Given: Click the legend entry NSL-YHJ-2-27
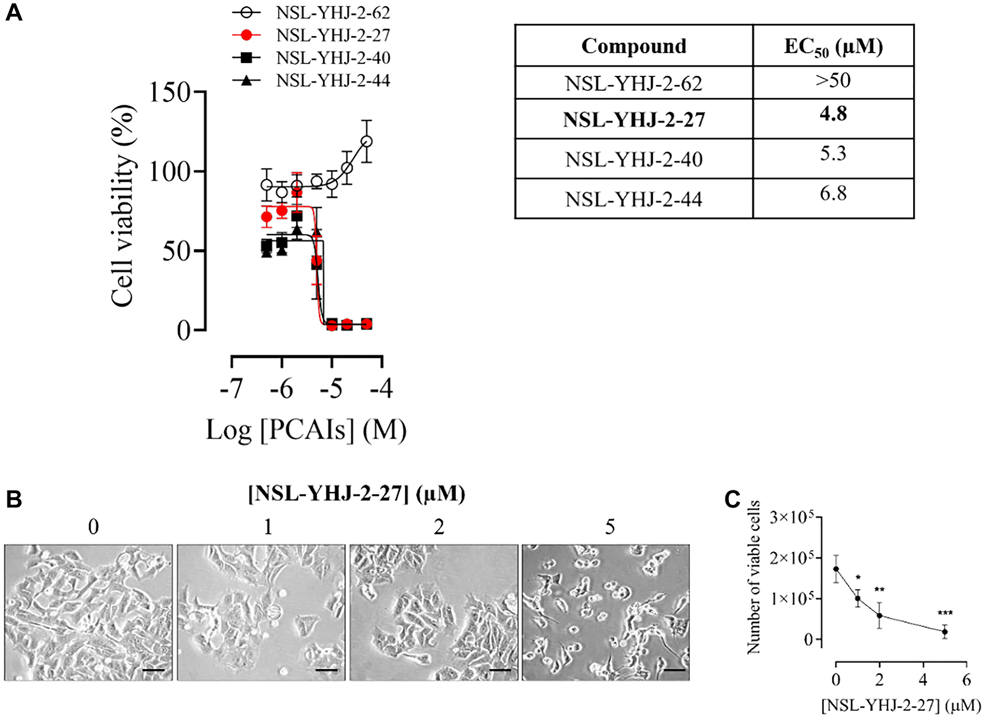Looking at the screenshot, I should (x=333, y=35).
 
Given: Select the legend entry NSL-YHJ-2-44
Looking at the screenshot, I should (x=333, y=80).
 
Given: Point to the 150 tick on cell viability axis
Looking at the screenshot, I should (x=170, y=92).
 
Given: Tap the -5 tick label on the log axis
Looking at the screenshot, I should (x=331, y=389).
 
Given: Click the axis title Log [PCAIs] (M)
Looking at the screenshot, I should (x=306, y=430).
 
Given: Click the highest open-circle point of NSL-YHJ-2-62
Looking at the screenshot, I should (x=366, y=141).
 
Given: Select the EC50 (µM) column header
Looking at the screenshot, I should (x=833, y=47).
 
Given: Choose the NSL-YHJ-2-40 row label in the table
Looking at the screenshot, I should (x=633, y=159).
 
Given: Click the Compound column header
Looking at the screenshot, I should (x=633, y=46).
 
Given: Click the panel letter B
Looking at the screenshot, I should (x=14, y=499).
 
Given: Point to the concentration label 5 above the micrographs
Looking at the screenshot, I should (x=610, y=527).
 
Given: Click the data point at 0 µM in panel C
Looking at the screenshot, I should (x=836, y=569).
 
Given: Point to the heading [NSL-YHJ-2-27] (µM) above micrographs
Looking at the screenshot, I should (x=357, y=494).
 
